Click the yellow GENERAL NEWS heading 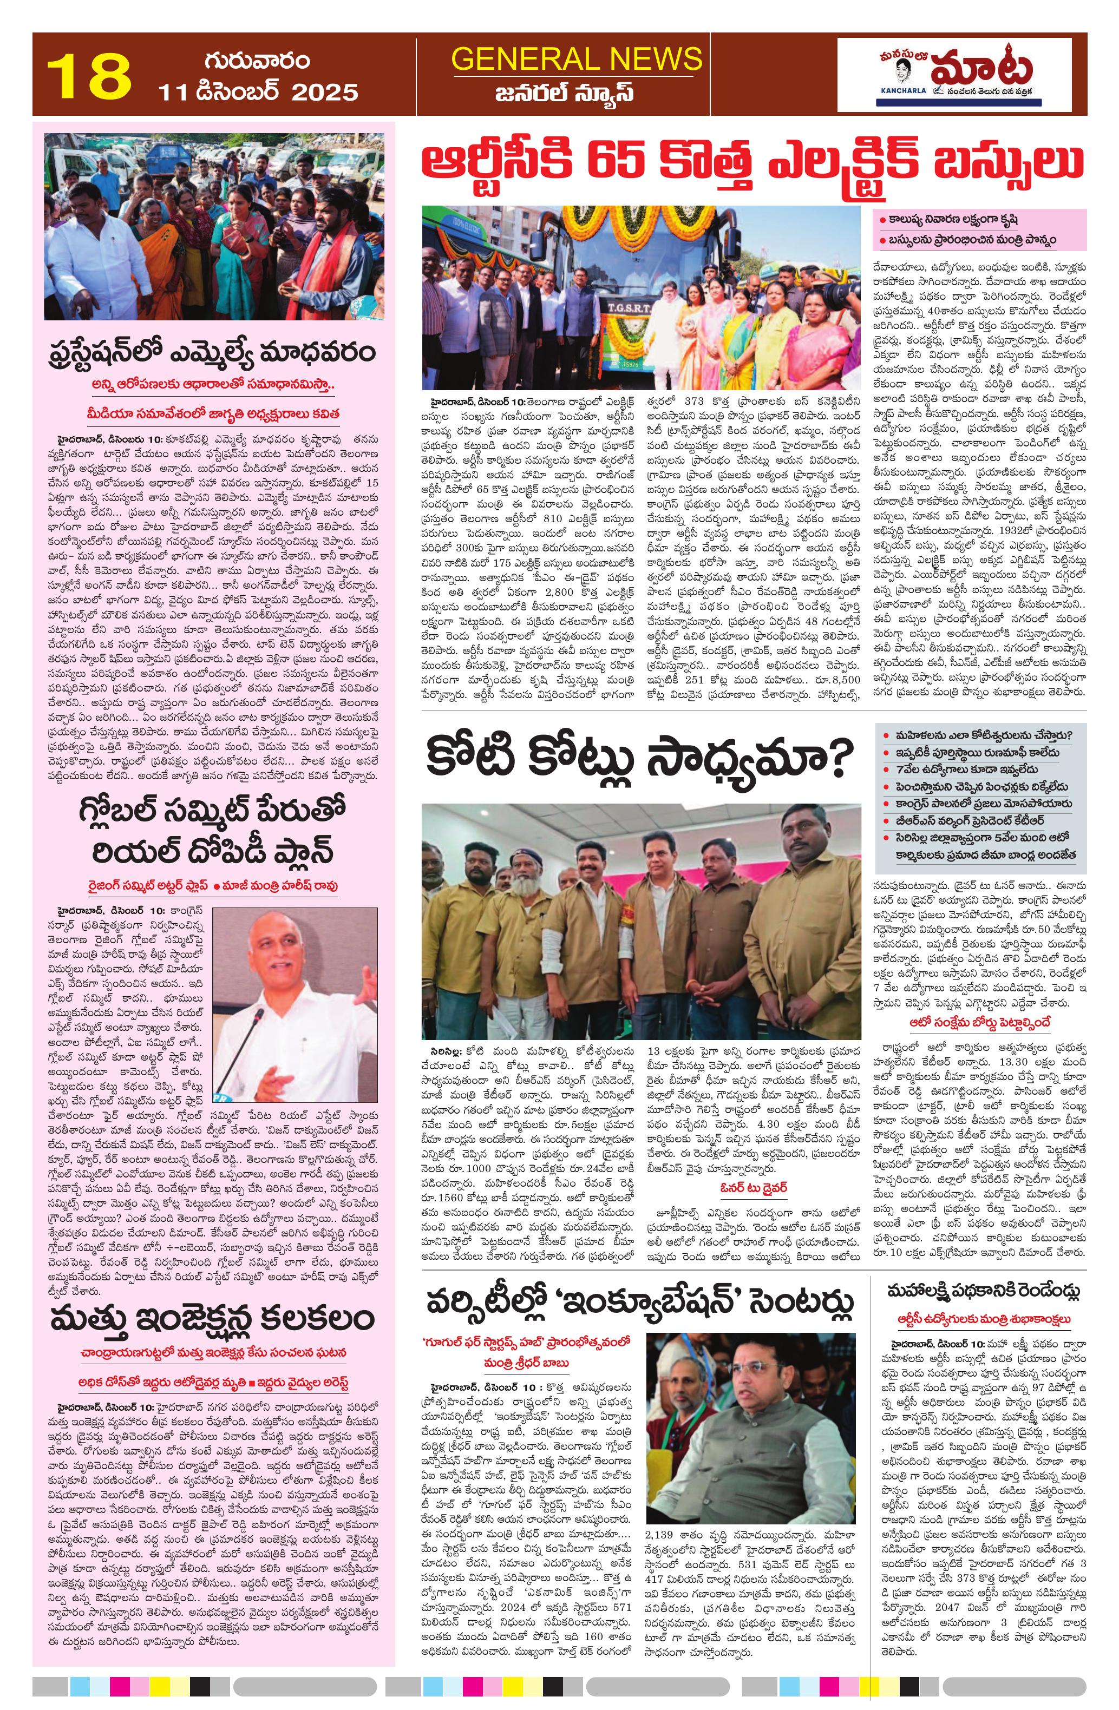tap(577, 58)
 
